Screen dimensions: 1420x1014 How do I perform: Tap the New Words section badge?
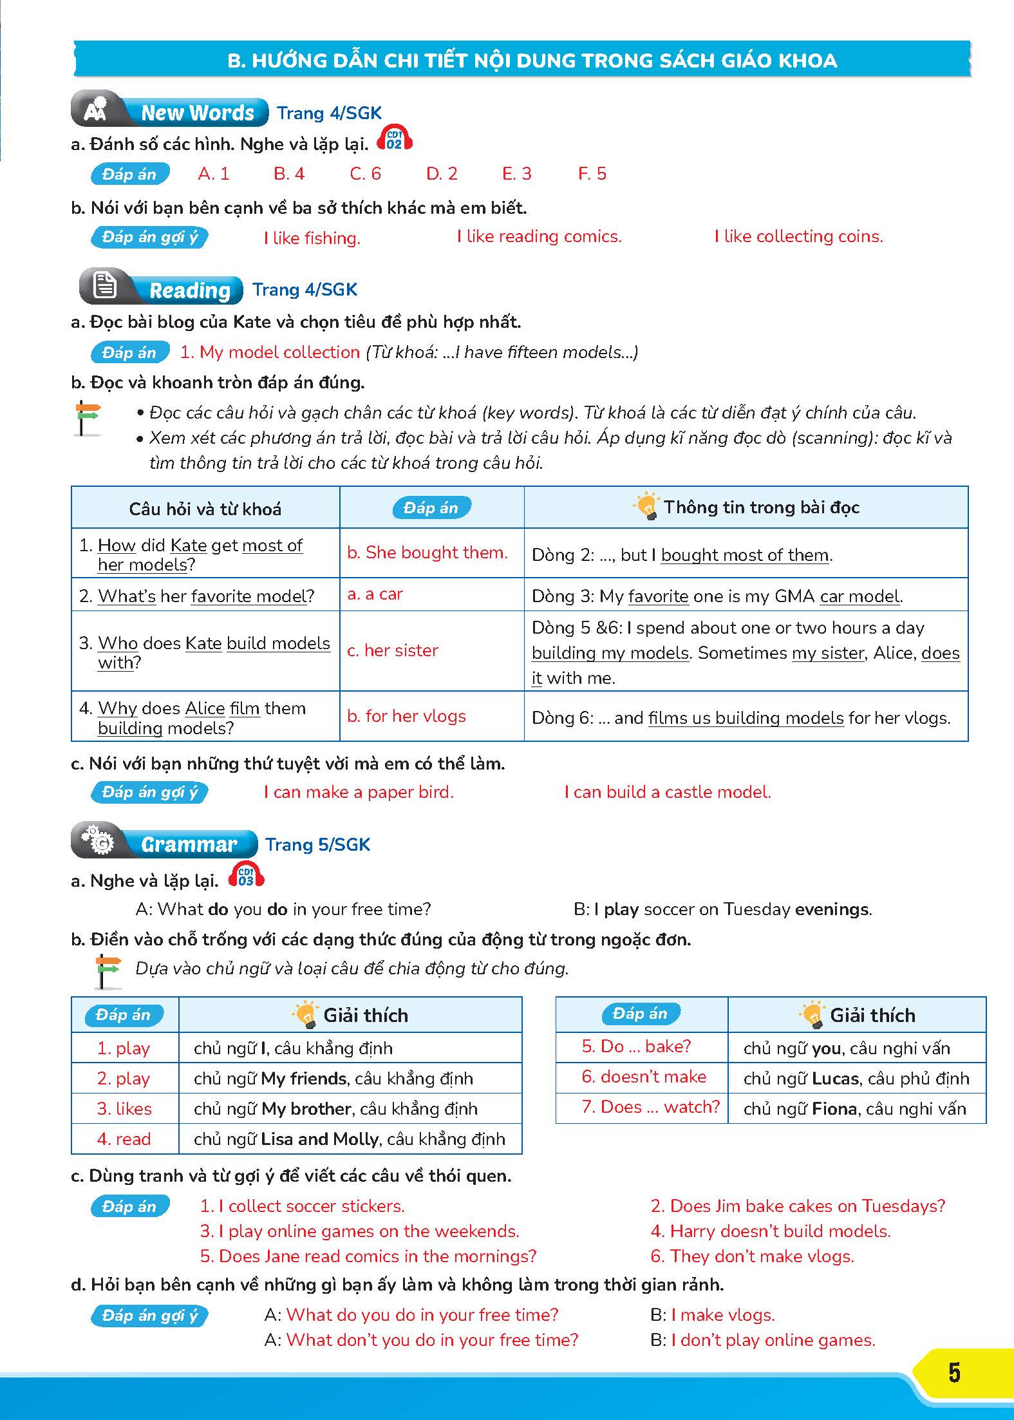tap(170, 113)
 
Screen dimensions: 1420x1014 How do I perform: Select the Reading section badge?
tap(161, 290)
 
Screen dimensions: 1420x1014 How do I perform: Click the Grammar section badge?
tap(164, 844)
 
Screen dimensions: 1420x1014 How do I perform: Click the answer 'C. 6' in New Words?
tap(365, 174)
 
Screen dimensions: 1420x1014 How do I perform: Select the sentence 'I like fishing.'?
tap(312, 238)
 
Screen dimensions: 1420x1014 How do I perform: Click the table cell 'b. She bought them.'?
tap(427, 553)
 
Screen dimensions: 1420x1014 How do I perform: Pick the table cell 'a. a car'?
tap(375, 594)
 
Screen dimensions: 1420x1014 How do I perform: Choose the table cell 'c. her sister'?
tap(392, 650)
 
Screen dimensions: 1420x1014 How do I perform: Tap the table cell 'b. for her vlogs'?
tap(406, 716)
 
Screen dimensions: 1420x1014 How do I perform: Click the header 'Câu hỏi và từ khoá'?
tap(205, 509)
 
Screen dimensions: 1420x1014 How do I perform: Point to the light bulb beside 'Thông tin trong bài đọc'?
tap(646, 506)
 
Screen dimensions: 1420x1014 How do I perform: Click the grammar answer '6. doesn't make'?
tap(644, 1077)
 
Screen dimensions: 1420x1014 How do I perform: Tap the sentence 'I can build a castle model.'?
tap(667, 792)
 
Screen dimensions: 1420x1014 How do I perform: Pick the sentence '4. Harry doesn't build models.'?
tap(771, 1231)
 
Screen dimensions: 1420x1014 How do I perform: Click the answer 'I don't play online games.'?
tap(773, 1340)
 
